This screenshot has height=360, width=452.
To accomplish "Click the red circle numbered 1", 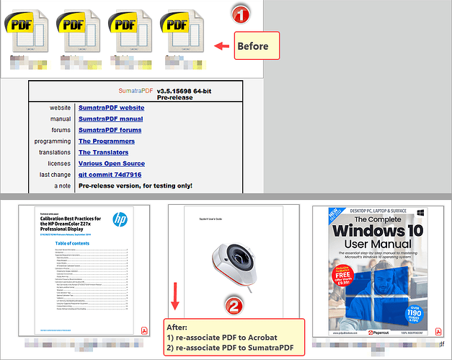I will tap(241, 13).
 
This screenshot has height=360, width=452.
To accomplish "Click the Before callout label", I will tap(254, 46).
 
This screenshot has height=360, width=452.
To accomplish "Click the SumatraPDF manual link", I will tap(110, 119).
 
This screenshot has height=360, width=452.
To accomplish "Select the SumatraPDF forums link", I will tap(110, 130).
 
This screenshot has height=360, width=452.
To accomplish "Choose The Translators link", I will tap(103, 152).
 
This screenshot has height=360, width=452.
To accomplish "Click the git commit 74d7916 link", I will tap(110, 175).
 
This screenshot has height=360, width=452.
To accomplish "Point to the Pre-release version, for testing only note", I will tap(136, 185).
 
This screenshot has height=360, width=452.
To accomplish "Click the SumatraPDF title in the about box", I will tap(136, 92).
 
